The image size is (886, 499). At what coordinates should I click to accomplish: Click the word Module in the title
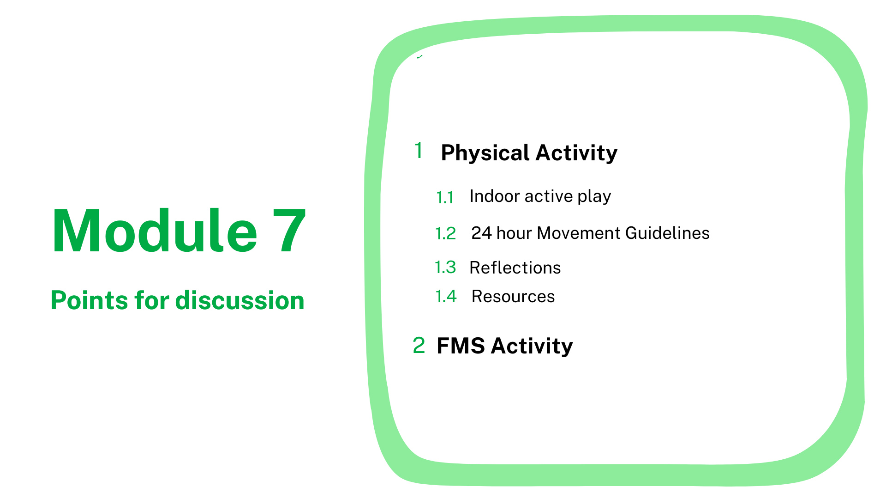click(x=155, y=231)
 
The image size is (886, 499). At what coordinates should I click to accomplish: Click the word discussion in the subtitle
click(x=240, y=300)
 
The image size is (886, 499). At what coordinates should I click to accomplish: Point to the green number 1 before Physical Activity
click(x=419, y=150)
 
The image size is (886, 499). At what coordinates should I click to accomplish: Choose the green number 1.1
click(x=445, y=198)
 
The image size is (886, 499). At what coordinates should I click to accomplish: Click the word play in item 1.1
click(x=594, y=197)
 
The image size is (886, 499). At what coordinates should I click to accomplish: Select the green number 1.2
click(x=446, y=233)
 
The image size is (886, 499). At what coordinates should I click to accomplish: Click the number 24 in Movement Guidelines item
click(x=481, y=233)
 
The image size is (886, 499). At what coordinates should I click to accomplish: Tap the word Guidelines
click(x=667, y=233)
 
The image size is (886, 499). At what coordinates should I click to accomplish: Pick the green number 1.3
click(x=445, y=267)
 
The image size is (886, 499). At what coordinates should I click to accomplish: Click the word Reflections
click(x=515, y=268)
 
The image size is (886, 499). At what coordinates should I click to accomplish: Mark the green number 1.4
click(x=446, y=296)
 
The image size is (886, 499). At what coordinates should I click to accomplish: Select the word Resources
click(x=513, y=297)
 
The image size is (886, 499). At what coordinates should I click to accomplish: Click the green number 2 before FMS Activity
click(x=419, y=345)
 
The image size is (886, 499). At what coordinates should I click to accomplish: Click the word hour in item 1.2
click(x=514, y=233)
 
